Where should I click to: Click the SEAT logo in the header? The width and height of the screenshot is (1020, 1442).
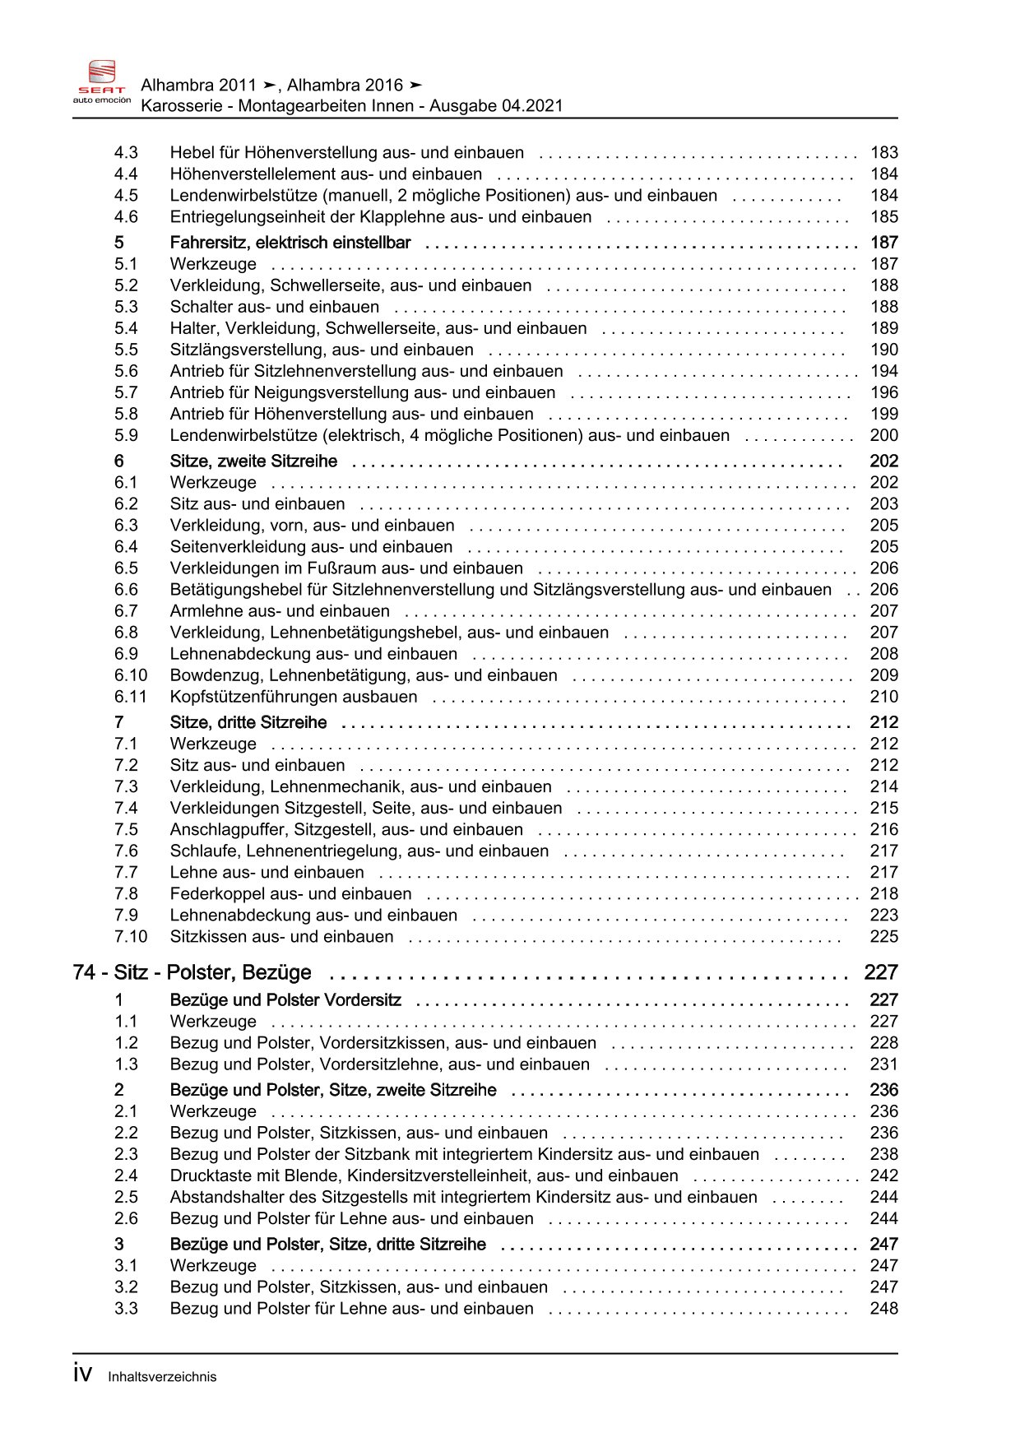(x=102, y=81)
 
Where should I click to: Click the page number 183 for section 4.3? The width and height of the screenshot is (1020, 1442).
(x=884, y=153)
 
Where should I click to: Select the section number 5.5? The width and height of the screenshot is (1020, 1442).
(x=126, y=350)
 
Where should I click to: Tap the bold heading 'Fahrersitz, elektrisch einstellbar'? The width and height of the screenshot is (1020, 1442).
(x=290, y=243)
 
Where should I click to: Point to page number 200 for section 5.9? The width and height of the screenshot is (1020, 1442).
(x=884, y=436)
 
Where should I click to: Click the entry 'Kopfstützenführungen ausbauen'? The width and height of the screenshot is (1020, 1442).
(x=294, y=697)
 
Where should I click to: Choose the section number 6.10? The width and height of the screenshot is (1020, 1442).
(x=130, y=675)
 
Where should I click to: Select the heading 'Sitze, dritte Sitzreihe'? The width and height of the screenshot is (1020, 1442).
(x=248, y=722)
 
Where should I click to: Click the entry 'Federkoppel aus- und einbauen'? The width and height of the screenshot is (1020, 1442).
(x=291, y=894)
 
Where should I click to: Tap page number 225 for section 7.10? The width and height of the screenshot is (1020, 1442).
(x=884, y=937)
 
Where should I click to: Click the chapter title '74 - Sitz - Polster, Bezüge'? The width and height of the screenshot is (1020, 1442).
(x=192, y=972)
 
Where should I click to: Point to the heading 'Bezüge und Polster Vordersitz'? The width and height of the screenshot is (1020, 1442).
(x=285, y=1000)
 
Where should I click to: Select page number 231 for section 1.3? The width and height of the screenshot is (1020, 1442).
(x=884, y=1064)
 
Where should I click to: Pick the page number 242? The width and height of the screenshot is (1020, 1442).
(x=884, y=1176)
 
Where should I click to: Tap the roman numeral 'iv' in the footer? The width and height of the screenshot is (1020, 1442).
(x=82, y=1375)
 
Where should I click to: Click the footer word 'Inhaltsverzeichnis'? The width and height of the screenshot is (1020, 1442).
(x=162, y=1377)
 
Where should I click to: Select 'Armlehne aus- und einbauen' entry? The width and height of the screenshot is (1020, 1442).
(x=280, y=611)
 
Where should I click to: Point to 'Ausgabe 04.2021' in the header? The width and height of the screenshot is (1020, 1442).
(x=496, y=105)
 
